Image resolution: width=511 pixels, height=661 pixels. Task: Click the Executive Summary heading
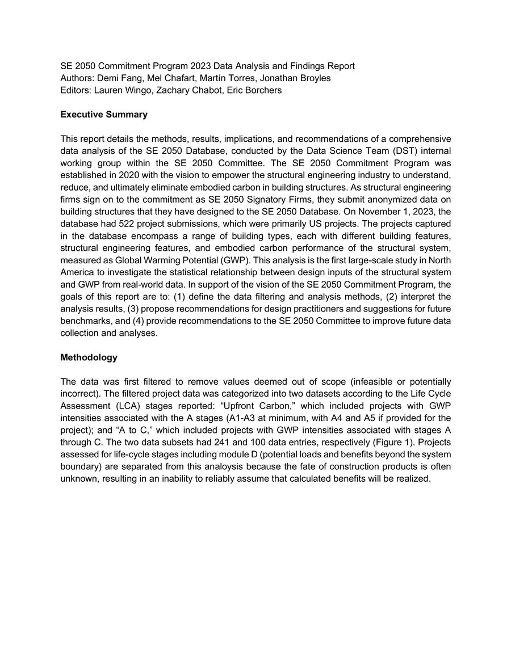click(103, 115)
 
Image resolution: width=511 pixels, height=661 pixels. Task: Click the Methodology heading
click(89, 357)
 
